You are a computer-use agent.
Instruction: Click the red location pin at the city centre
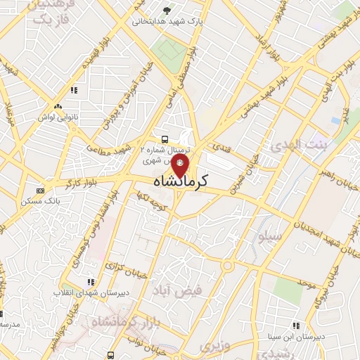[x=181, y=166]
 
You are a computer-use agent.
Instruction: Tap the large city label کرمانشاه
[x=181, y=182]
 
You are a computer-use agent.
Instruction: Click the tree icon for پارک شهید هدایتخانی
[x=167, y=11]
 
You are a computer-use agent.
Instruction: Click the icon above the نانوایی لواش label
[x=74, y=90]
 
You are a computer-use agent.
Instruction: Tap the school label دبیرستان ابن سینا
[x=293, y=335]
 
